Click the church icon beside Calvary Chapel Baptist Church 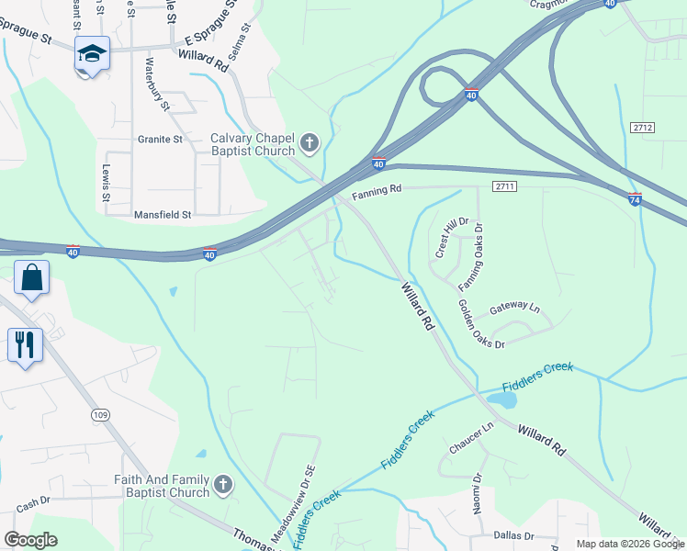[x=309, y=142]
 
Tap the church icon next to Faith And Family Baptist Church [x=222, y=484]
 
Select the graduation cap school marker [x=92, y=53]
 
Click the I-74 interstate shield [x=635, y=198]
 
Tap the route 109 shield [x=100, y=415]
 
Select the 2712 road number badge [x=643, y=127]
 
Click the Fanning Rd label [x=377, y=192]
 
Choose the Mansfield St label [x=162, y=215]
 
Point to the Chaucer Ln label [x=472, y=437]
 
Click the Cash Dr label [x=32, y=504]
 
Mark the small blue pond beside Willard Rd [x=502, y=399]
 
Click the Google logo [x=31, y=540]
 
